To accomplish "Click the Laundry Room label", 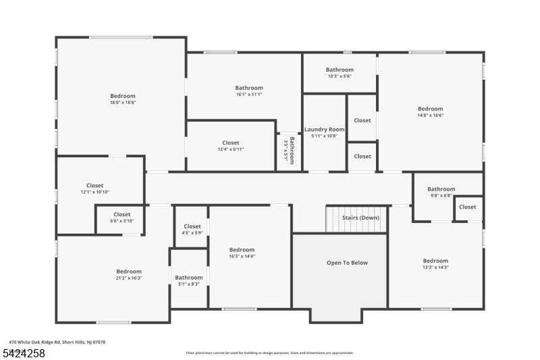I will pyautogui.click(x=324, y=129).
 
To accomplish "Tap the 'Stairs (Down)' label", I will pyautogui.click(x=360, y=218).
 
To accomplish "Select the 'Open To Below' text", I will pyautogui.click(x=348, y=263).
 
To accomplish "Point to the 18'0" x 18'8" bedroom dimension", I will pyautogui.click(x=123, y=103).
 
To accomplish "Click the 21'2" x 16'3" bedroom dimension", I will pyautogui.click(x=128, y=278).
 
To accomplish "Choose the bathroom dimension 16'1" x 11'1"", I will pyautogui.click(x=249, y=95).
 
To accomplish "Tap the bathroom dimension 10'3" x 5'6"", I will pyautogui.click(x=340, y=76).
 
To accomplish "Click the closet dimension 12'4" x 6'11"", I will pyautogui.click(x=231, y=149).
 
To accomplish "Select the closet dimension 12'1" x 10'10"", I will pyautogui.click(x=94, y=192).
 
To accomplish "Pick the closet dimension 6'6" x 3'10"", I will pyautogui.click(x=122, y=221).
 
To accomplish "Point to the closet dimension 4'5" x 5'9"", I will pyautogui.click(x=192, y=233).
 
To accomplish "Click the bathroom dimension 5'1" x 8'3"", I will pyautogui.click(x=189, y=284).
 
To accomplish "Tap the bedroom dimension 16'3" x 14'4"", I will pyautogui.click(x=242, y=256).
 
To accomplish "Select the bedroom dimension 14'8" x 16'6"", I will pyautogui.click(x=430, y=115).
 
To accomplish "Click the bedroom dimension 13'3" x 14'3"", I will pyautogui.click(x=435, y=267).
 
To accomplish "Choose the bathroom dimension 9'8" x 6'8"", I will pyautogui.click(x=441, y=196).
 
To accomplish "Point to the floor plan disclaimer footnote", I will pyautogui.click(x=270, y=353).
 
